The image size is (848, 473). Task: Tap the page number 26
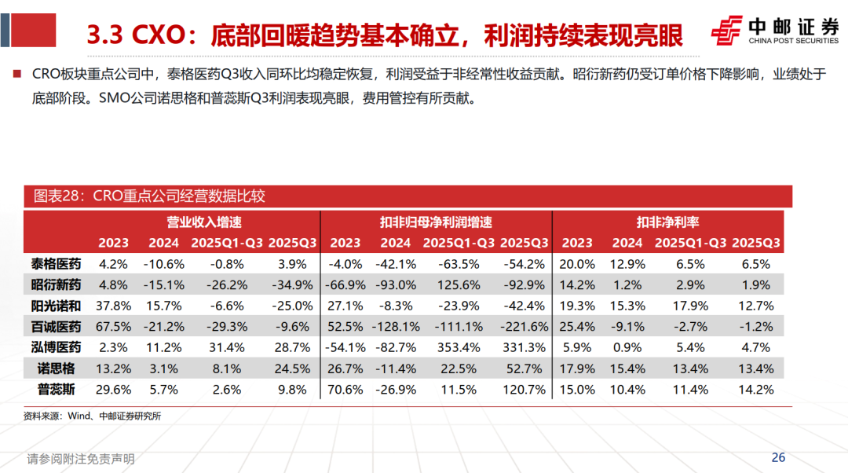pyautogui.click(x=778, y=457)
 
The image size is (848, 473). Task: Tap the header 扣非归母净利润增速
pyautogui.click(x=437, y=222)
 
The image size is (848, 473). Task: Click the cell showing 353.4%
pyautogui.click(x=462, y=346)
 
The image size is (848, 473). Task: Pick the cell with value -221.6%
pyautogui.click(x=523, y=326)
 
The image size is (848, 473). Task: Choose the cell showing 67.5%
pyautogui.click(x=113, y=326)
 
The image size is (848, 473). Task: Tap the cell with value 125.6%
pyautogui.click(x=462, y=284)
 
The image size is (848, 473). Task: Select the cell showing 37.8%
pyautogui.click(x=113, y=306)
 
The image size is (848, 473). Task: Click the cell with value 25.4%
pyautogui.click(x=578, y=326)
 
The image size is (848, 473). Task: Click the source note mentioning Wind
pyautogui.click(x=92, y=416)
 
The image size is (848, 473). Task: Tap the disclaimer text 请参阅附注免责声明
pyautogui.click(x=81, y=459)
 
